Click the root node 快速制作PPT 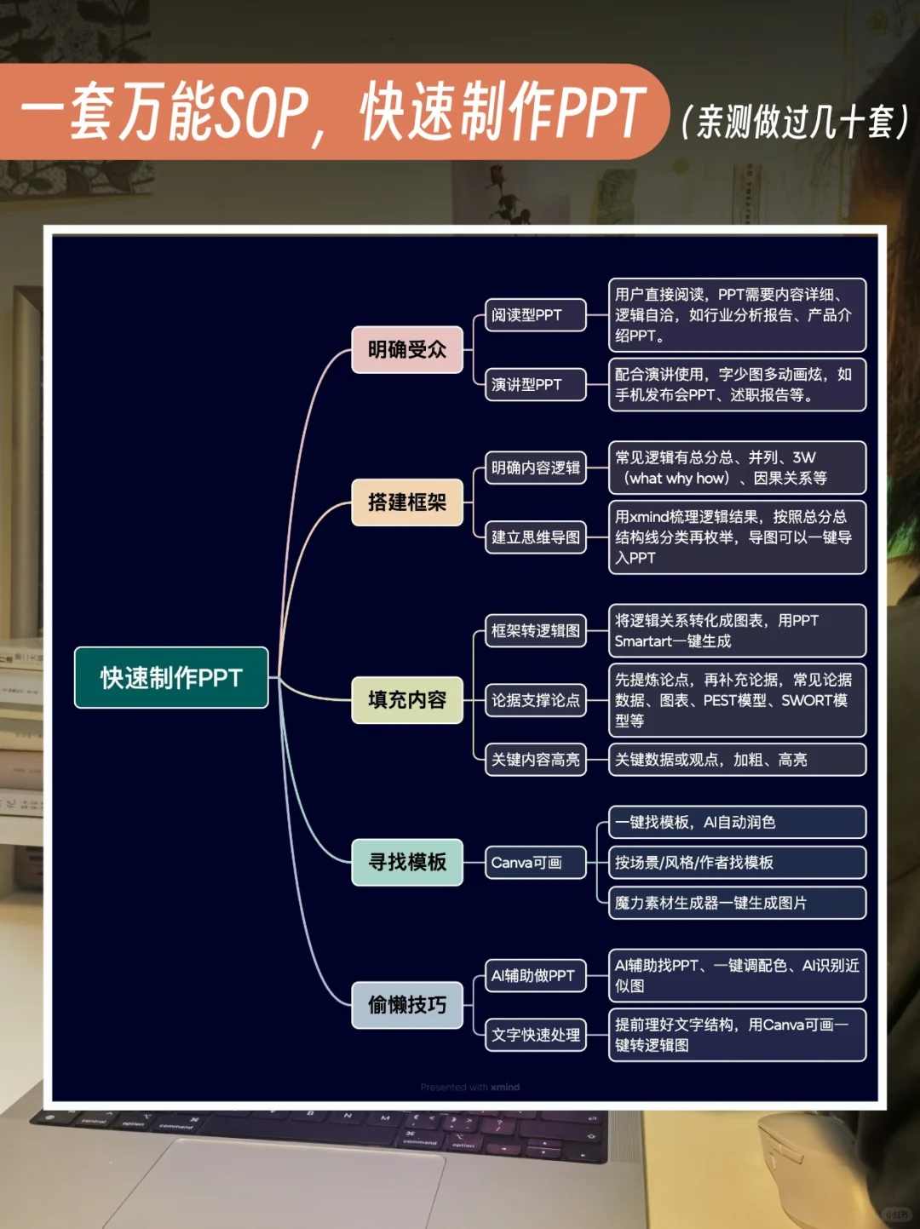pos(171,678)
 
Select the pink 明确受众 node pos(407,349)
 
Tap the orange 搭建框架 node pos(407,503)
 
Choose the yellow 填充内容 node pos(407,700)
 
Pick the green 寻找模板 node pos(407,862)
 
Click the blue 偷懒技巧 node pos(407,1005)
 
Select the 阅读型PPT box pos(535,315)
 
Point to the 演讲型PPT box pos(535,385)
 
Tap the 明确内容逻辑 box pos(535,468)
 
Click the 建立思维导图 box pos(535,537)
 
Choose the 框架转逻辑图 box pos(535,631)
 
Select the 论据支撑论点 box pos(535,700)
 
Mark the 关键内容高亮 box pos(535,760)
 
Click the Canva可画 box pos(535,863)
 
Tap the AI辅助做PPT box pos(535,976)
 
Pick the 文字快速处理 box pos(535,1036)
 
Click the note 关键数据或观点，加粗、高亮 pos(737,760)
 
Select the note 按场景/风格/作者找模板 pos(737,863)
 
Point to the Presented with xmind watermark pos(470,1088)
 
